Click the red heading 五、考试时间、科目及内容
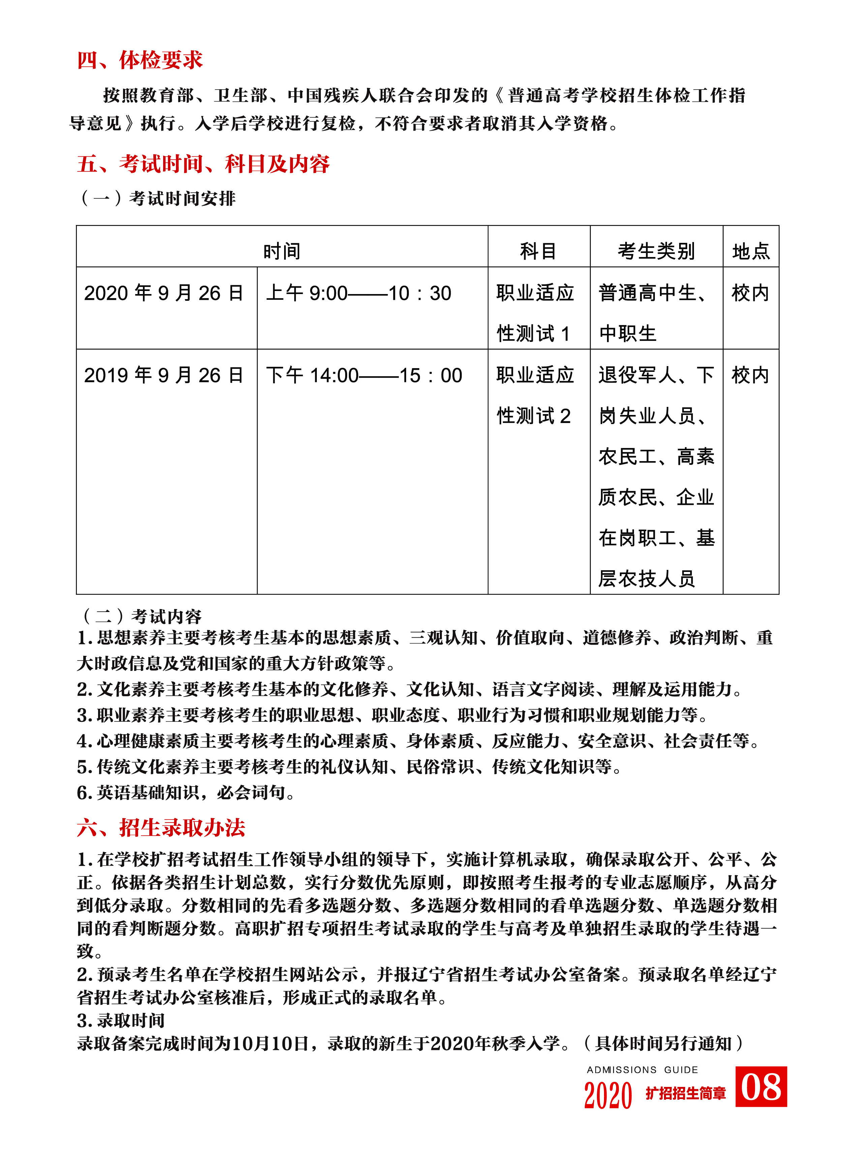[203, 164]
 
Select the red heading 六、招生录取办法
[161, 828]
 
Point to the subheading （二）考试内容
[141, 616]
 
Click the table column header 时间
[282, 251]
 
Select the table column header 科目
[539, 251]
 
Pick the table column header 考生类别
[656, 251]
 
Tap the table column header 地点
[751, 251]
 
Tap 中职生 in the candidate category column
[628, 334]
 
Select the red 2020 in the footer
[608, 1095]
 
